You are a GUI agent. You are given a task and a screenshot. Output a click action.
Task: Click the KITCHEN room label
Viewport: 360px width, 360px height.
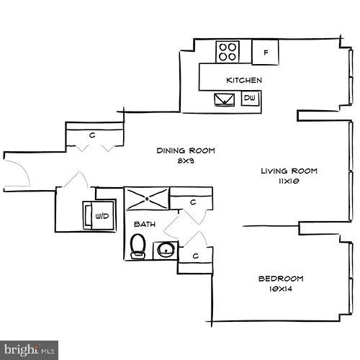coord(243,80)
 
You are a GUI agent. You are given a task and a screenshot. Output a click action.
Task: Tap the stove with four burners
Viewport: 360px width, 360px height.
coord(229,51)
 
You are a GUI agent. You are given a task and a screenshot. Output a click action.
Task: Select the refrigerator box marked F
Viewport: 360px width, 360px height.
coord(266,52)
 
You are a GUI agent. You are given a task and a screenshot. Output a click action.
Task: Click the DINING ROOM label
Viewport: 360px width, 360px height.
coord(186,150)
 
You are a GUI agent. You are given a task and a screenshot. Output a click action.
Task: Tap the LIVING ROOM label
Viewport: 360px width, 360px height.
coord(289,171)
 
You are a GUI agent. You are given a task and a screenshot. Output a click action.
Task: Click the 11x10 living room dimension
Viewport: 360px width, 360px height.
coord(289,182)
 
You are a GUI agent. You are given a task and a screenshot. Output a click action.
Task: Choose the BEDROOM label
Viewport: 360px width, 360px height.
coord(281,278)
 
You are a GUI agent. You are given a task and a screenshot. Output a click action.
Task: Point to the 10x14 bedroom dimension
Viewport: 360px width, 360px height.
coord(281,289)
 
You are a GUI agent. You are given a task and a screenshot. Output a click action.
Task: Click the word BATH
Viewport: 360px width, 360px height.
coord(144,225)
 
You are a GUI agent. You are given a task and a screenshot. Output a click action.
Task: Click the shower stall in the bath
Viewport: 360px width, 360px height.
coord(148,197)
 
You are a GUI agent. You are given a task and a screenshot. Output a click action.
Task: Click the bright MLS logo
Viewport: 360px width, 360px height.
coord(30,351)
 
